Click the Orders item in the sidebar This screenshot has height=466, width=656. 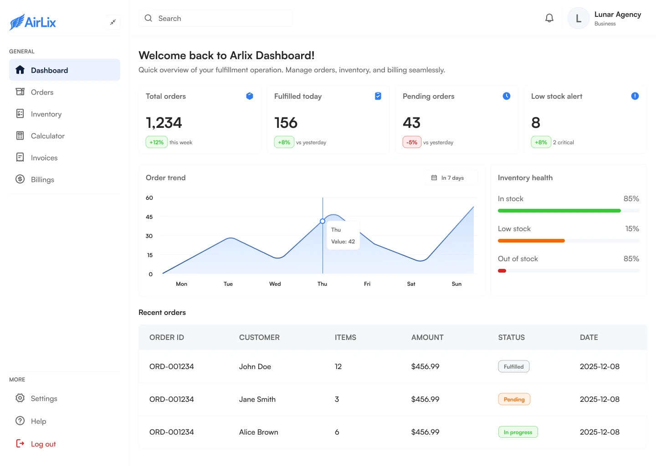coord(42,92)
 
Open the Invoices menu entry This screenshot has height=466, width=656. coord(44,158)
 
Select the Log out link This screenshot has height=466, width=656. coord(43,444)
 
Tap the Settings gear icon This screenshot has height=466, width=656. coord(20,398)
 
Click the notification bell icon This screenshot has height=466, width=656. coord(549,18)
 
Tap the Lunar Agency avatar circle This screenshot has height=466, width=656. coord(579,19)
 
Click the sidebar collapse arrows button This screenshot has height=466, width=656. coord(113,22)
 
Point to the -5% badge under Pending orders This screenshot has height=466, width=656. coord(412,142)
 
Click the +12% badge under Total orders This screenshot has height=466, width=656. coord(156,142)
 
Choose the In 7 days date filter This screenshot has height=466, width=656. coord(451,178)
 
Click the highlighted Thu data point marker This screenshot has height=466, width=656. coord(323,221)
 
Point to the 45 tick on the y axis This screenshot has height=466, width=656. coord(149,217)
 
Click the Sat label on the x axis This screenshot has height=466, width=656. coord(411,284)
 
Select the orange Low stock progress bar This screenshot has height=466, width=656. coord(531,241)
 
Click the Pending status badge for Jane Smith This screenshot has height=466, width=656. coord(514,400)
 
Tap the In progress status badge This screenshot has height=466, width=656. coord(518,432)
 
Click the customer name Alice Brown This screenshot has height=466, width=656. coord(258,432)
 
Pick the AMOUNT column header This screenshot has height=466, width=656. coord(427,338)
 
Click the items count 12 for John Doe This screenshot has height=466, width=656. coord(338,367)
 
